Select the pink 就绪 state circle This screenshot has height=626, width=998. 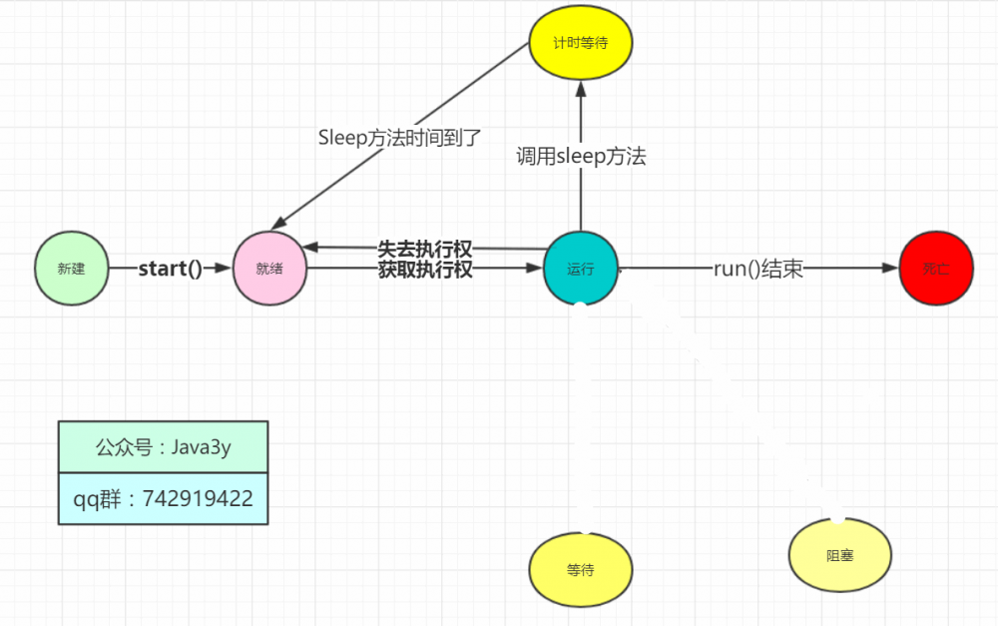(x=269, y=269)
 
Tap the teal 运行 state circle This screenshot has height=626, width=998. (x=580, y=270)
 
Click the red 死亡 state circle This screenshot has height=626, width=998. (x=935, y=269)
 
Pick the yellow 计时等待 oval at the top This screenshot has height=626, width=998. (x=580, y=45)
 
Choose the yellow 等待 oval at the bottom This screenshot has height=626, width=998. (x=580, y=570)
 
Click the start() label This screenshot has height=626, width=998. (x=170, y=269)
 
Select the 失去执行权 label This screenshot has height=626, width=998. (x=425, y=249)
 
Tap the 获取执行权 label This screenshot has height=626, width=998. (x=425, y=270)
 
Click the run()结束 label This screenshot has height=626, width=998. (x=758, y=270)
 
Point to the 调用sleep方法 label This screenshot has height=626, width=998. (x=581, y=156)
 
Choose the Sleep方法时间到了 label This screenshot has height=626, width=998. (x=399, y=138)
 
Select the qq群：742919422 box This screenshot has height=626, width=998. (x=163, y=498)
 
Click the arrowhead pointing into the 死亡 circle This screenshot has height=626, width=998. (x=890, y=269)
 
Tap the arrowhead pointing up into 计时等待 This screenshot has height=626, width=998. (x=580, y=89)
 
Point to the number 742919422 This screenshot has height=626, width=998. (x=198, y=498)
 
